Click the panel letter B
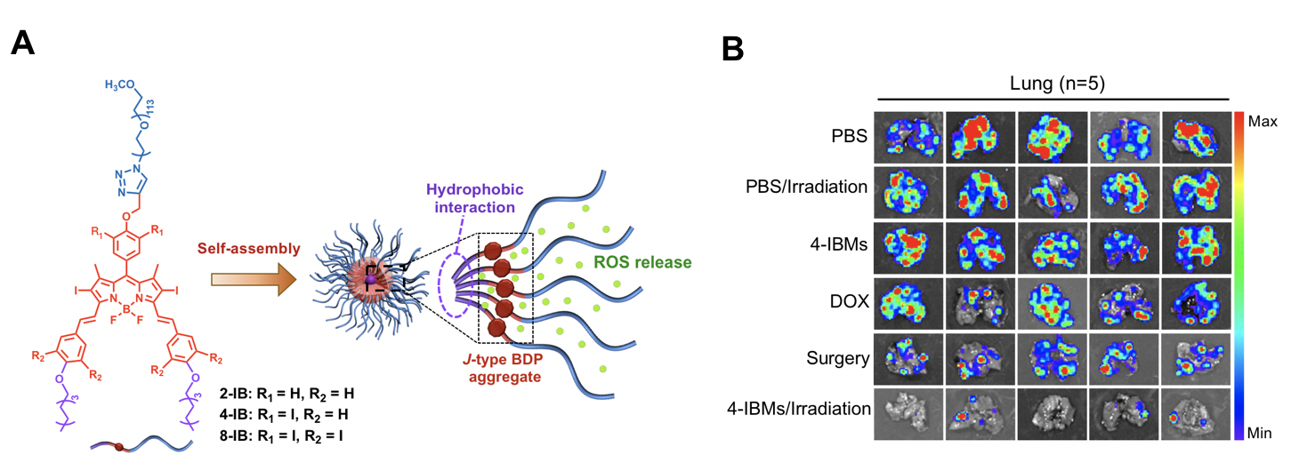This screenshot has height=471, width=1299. coord(731,49)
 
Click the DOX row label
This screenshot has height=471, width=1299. coord(846,300)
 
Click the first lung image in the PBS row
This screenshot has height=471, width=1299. coord(908,135)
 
